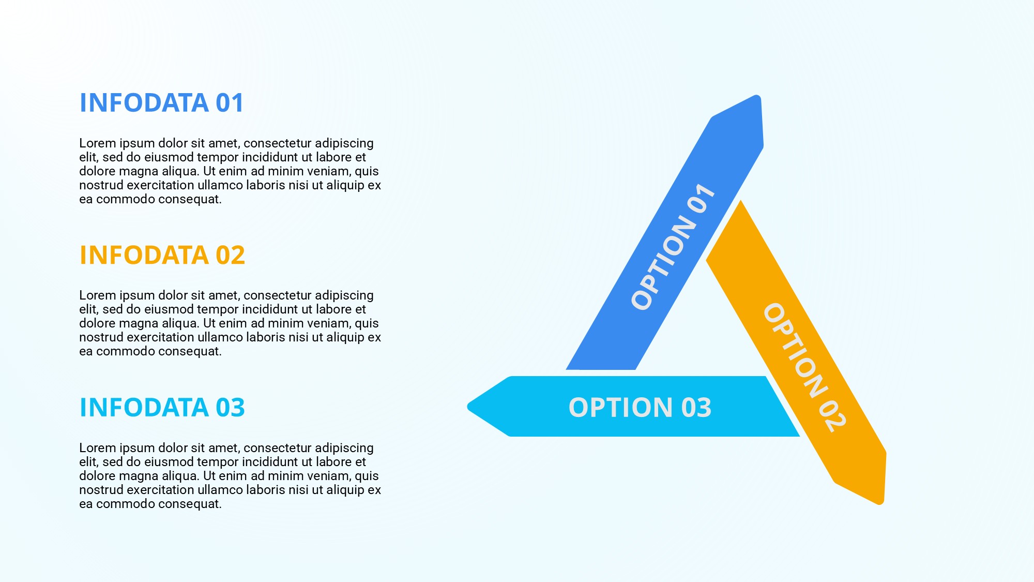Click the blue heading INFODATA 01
click(161, 102)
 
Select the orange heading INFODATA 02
click(162, 255)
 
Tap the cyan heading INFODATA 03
click(162, 407)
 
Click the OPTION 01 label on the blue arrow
click(673, 246)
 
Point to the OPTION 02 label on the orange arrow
click(805, 368)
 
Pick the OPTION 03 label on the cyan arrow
click(640, 407)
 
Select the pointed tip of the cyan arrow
click(468, 407)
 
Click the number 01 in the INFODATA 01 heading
click(230, 102)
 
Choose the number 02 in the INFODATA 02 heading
click(230, 255)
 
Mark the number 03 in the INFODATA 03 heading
click(230, 407)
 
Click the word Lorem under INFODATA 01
click(98, 143)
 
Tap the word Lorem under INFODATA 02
click(98, 295)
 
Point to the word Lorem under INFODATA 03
click(98, 447)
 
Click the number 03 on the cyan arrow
click(696, 407)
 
